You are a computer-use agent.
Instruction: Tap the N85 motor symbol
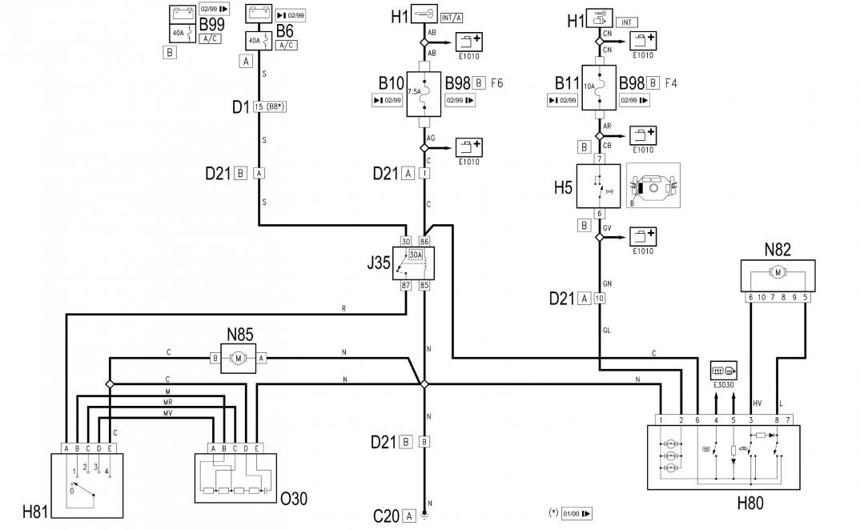point(238,359)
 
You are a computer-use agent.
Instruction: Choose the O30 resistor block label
point(294,499)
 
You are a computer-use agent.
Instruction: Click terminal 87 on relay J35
point(406,285)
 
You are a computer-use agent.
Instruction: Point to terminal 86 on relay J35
point(425,241)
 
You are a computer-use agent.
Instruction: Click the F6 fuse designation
point(496,83)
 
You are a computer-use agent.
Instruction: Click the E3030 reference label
point(725,383)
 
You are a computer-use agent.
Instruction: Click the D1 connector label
point(241,106)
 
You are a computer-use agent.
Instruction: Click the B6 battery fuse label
point(285,30)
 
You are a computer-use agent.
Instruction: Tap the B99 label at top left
point(211,26)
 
